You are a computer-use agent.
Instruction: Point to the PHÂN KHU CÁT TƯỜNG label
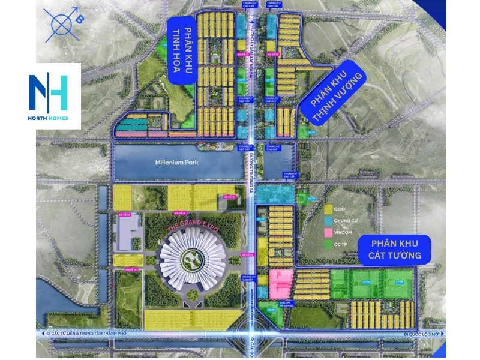pyautogui.click(x=401, y=249)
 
